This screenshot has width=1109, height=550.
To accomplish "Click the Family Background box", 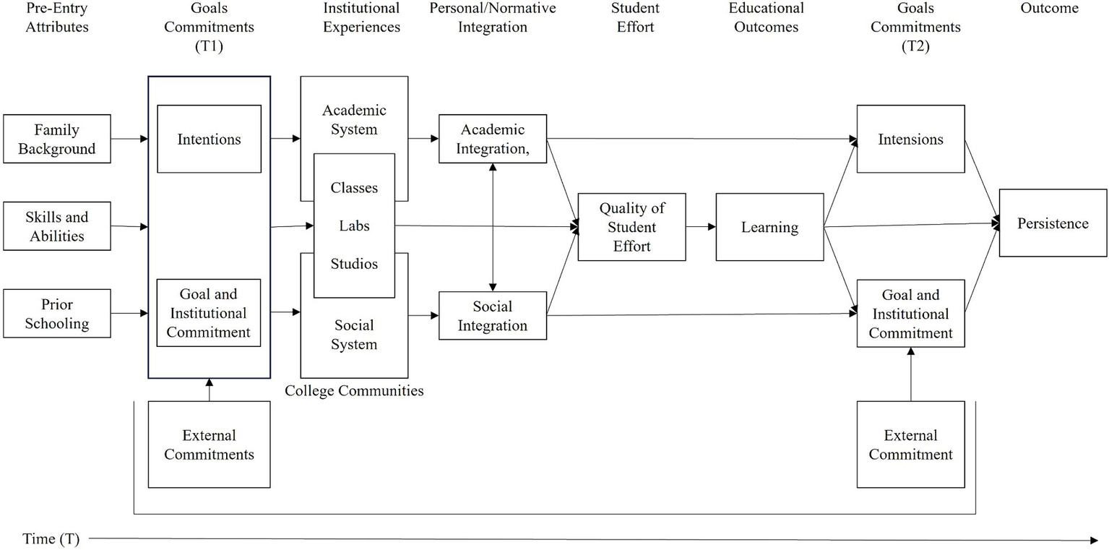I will click(57, 139).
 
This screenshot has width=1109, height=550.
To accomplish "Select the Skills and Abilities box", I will click(57, 226).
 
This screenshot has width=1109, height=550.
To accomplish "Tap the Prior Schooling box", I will click(57, 314).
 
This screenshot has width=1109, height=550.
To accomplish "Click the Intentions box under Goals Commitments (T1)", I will click(209, 139).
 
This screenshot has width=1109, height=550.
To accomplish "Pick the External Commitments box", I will click(209, 444).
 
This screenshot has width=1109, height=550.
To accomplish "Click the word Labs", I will click(354, 226).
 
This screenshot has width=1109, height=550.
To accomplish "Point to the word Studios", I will click(354, 264).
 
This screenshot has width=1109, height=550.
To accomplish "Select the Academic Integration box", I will click(493, 139).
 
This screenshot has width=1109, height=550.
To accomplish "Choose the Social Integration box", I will click(493, 316).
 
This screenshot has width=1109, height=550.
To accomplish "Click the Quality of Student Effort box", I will click(631, 227).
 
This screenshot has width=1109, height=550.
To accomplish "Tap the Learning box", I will click(769, 227).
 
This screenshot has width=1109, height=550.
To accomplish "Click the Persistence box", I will click(1053, 223).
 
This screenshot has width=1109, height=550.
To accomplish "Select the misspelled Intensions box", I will click(910, 139).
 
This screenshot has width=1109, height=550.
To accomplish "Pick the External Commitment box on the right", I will click(910, 444).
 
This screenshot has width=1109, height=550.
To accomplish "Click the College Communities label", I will click(354, 391).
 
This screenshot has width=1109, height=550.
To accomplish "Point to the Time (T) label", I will click(51, 539).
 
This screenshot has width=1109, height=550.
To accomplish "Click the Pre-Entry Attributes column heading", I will click(57, 18).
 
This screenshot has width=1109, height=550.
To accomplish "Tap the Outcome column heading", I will click(1049, 9).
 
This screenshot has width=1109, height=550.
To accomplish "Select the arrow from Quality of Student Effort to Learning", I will click(701, 227).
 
